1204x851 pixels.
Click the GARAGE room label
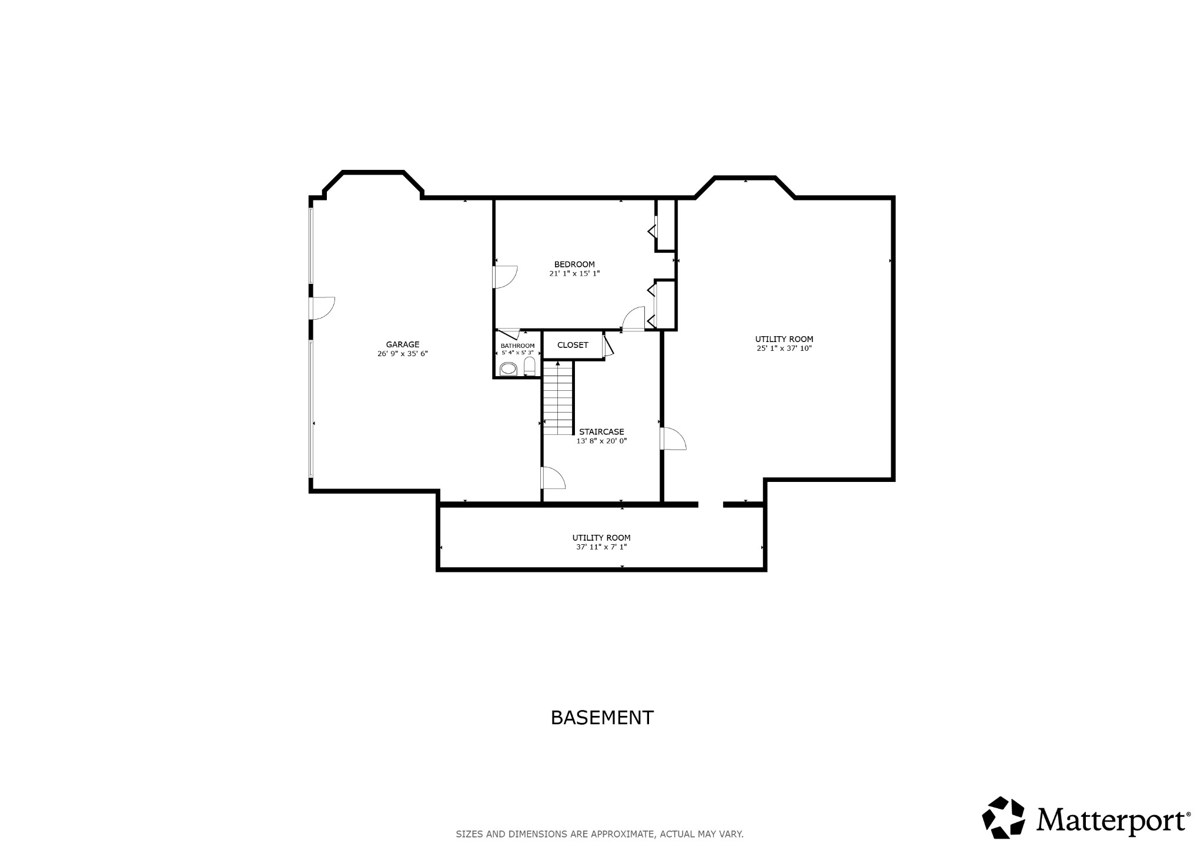pyautogui.click(x=402, y=344)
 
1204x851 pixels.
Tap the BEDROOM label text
pyautogui.click(x=574, y=264)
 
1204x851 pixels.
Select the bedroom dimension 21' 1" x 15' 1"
pyautogui.click(x=574, y=273)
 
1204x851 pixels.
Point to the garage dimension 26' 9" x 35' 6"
pyautogui.click(x=402, y=354)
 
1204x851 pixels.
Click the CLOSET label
pyautogui.click(x=572, y=345)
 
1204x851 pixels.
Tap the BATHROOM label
pyautogui.click(x=517, y=346)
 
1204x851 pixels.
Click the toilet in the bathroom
pyautogui.click(x=529, y=367)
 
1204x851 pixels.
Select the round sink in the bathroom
pyautogui.click(x=508, y=369)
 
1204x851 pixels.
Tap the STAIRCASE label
pyautogui.click(x=601, y=432)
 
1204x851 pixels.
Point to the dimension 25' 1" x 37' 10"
pyautogui.click(x=784, y=349)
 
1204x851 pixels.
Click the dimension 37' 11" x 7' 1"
pyautogui.click(x=601, y=547)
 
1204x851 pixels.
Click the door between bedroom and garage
pyautogui.click(x=504, y=277)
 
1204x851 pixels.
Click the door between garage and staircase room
pyautogui.click(x=552, y=478)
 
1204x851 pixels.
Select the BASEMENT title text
pyautogui.click(x=601, y=718)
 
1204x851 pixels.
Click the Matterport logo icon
pyautogui.click(x=1003, y=817)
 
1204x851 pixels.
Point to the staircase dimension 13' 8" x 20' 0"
pyautogui.click(x=601, y=441)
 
